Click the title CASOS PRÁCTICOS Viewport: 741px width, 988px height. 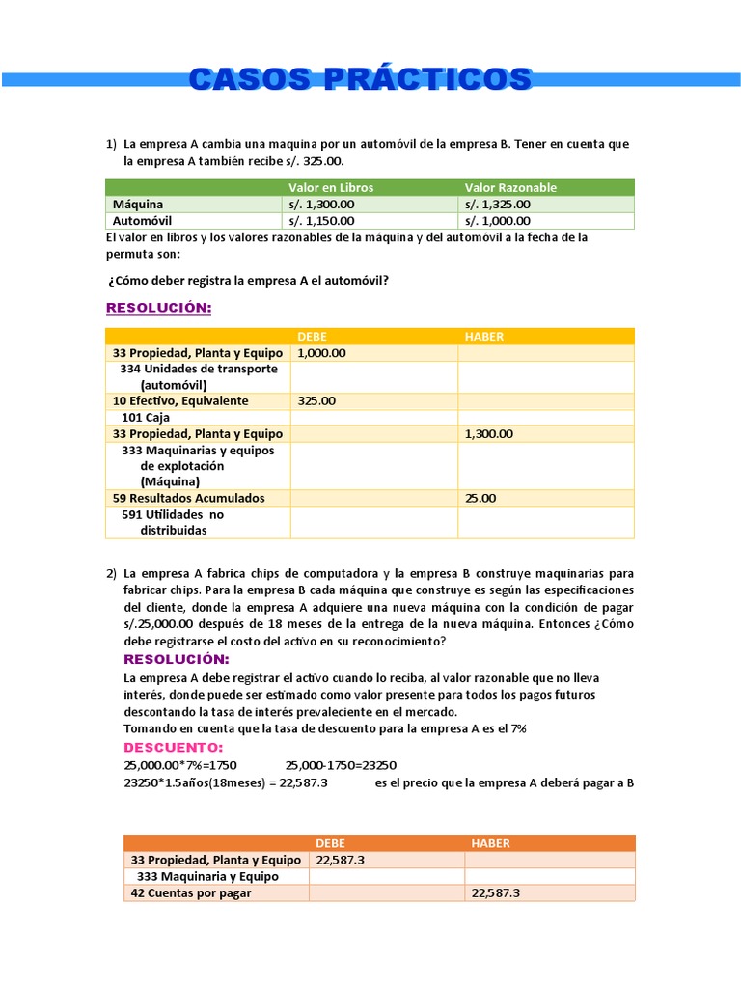360,79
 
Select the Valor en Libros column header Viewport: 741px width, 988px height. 331,187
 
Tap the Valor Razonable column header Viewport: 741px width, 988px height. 510,187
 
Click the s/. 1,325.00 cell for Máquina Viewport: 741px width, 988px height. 498,205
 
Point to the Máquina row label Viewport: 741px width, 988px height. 138,205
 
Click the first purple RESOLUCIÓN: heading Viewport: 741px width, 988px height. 158,307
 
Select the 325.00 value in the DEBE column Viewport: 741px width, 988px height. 316,400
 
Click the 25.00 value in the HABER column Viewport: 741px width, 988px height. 480,498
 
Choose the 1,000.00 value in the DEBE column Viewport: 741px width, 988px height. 321,353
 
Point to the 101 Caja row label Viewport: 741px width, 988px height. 146,418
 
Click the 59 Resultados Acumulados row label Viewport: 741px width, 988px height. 188,498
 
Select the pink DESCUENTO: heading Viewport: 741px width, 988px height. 174,748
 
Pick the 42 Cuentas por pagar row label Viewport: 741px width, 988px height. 190,893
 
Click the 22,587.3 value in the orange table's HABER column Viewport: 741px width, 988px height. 496,893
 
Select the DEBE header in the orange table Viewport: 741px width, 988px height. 330,842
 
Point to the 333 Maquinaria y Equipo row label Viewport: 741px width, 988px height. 207,876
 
